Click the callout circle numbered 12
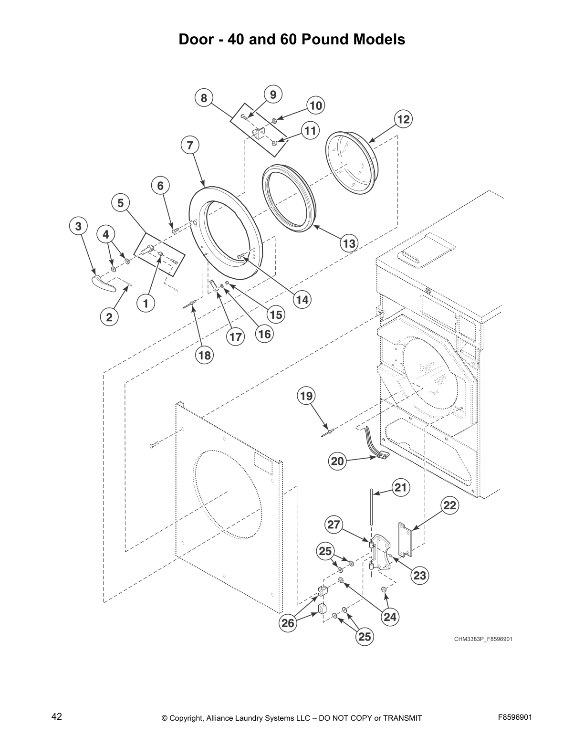[403, 119]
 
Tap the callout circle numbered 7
[190, 145]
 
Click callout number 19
[306, 396]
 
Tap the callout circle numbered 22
[450, 505]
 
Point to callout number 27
[334, 525]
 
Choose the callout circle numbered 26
[288, 623]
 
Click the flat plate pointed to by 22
[405, 539]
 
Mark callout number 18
[204, 355]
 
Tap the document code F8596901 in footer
[515, 717]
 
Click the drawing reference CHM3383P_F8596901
[483, 639]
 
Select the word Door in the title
[195, 39]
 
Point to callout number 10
[315, 105]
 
